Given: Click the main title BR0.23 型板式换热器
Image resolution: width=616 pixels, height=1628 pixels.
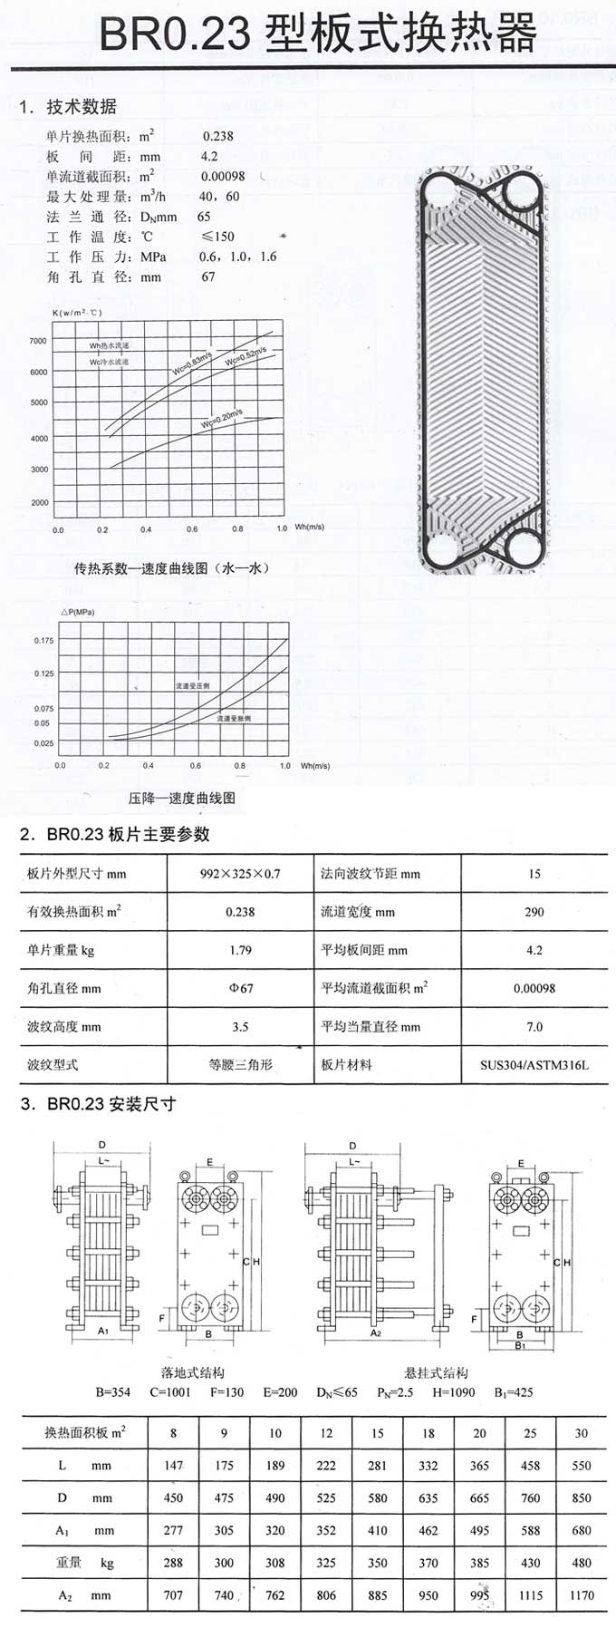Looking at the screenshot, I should pos(317,36).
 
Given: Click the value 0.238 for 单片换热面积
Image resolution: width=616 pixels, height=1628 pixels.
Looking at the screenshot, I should pos(217,136).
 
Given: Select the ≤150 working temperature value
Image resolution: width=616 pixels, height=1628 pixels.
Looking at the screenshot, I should pos(217,237).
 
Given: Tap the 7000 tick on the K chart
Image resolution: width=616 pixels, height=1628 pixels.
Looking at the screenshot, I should pos(38,341).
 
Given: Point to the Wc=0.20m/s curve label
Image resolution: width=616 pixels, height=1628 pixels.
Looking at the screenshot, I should pos(221,419).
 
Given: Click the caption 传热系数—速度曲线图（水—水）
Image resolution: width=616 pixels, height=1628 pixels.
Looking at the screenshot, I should pos(171,568).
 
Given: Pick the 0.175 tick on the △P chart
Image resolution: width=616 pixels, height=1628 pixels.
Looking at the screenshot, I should pos(43,640).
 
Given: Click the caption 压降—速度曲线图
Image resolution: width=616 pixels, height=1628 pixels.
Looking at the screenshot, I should pos(181,799).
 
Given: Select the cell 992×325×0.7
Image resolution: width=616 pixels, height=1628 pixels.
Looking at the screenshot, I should pos(240,874).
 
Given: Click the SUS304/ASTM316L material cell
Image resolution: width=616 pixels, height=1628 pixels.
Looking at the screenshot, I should pos(534,1065).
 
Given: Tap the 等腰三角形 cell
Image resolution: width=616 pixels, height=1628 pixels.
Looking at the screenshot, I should pos(240,1065).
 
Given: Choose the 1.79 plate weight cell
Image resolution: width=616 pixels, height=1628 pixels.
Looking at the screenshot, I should pos(240,950).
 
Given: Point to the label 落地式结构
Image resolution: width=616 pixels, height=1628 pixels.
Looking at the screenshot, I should pos(193,1372).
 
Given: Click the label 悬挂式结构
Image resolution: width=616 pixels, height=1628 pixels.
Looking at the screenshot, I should pos(437,1372).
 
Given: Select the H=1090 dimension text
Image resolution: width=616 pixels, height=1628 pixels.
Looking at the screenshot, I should pos(453,1391).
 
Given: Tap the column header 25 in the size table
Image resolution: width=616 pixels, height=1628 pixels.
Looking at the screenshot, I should pos(530,1433).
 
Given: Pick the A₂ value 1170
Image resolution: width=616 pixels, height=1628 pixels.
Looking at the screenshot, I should pos(581,1595).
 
